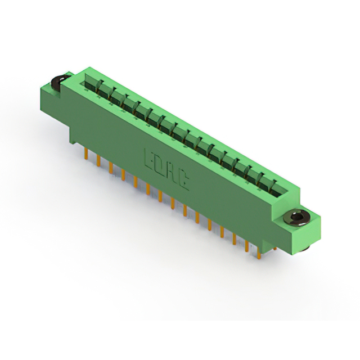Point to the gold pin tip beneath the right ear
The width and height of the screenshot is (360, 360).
275,247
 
